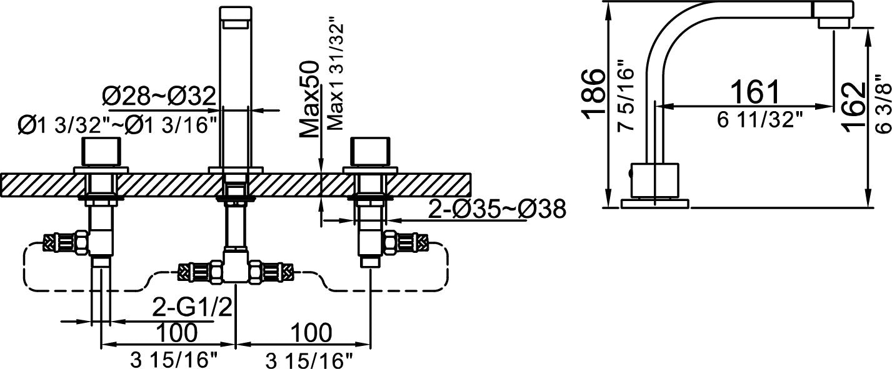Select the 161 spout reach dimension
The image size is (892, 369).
[x=755, y=92]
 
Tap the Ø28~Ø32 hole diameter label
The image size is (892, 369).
[x=159, y=96]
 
